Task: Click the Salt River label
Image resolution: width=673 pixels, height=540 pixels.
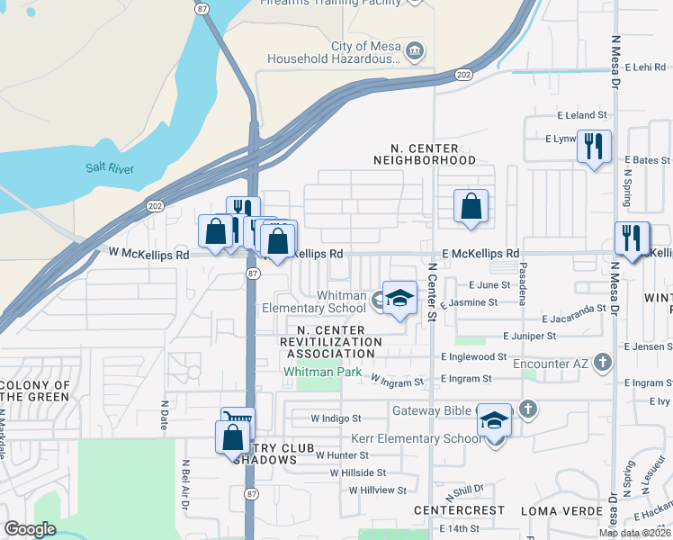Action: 109,167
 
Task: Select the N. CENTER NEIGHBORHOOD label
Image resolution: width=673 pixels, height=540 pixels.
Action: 425,154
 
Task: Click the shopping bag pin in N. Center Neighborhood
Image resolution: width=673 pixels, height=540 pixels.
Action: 471,207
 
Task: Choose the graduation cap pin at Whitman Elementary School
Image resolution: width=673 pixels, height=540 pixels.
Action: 399,298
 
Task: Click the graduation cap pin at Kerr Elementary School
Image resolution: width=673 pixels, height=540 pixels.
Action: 494,420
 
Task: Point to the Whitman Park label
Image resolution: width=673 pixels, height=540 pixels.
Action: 322,372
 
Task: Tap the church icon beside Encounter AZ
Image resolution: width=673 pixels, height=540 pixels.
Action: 602,364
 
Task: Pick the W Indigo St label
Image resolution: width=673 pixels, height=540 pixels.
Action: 336,418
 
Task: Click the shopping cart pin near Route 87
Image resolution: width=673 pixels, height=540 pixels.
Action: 238,421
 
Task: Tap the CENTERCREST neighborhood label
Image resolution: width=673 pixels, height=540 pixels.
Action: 446,510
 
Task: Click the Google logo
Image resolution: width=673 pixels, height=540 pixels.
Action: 31,529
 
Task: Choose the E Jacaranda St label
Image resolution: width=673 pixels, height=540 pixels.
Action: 574,319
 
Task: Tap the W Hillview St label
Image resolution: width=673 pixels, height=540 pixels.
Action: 377,491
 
